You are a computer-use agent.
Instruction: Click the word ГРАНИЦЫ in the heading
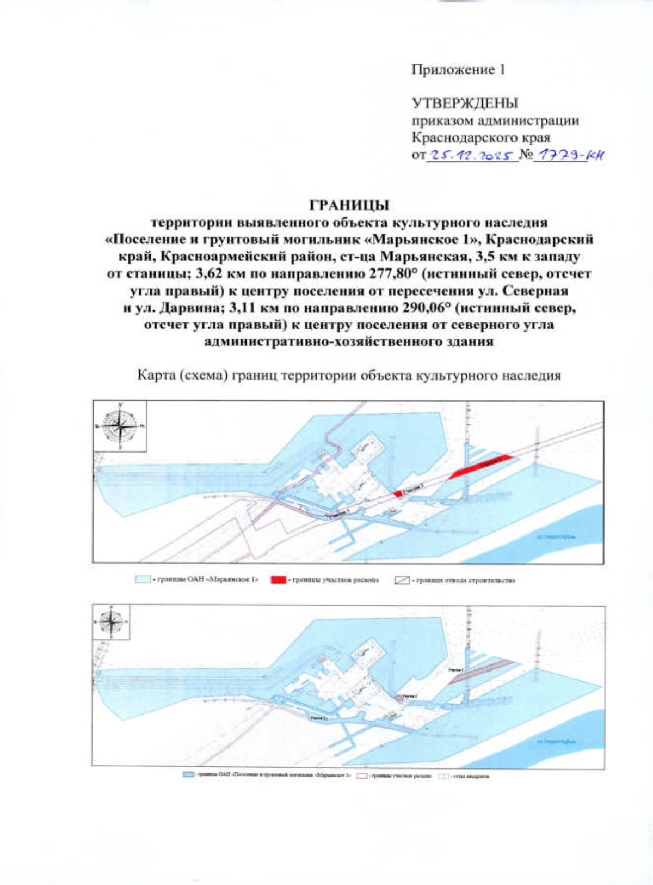tap(349, 205)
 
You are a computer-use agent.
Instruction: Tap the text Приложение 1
tap(458, 70)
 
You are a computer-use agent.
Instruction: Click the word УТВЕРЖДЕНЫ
tap(464, 103)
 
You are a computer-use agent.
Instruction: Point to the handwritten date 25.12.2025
tap(471, 155)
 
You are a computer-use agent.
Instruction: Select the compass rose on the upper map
tap(120, 426)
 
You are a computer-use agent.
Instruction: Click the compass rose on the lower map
tap(111, 622)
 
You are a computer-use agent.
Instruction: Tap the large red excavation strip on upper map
tap(481, 466)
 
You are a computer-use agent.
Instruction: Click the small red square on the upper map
tap(398, 493)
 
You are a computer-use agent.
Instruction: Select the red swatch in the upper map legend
tap(279, 580)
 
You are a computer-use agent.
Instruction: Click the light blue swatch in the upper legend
tap(143, 580)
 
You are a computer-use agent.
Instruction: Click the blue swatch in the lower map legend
tap(189, 775)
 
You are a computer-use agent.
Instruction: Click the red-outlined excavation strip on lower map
tap(482, 669)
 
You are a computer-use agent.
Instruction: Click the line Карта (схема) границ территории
tap(349, 375)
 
